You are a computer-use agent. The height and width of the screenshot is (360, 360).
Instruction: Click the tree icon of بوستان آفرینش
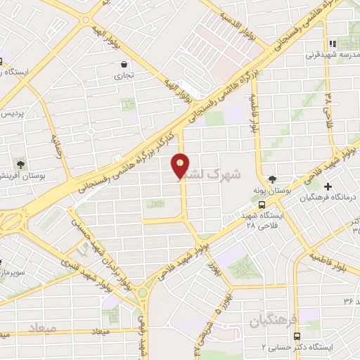[20, 164]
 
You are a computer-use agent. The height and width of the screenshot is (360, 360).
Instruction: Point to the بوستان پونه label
[271, 191]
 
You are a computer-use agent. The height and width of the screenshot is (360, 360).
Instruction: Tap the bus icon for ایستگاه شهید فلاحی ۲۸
[262, 205]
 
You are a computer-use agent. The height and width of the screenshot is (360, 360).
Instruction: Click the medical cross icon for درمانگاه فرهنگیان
[328, 186]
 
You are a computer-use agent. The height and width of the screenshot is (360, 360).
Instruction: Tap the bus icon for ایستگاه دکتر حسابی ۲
[296, 336]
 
